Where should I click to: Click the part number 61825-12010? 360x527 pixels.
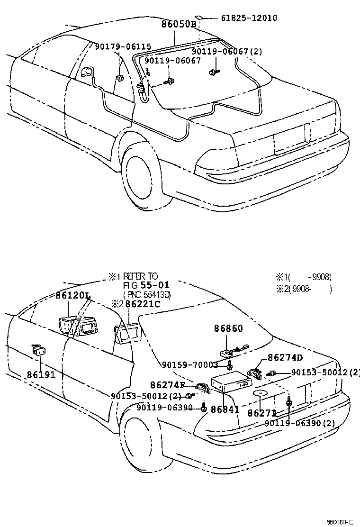249,18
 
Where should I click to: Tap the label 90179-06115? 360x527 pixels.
123,46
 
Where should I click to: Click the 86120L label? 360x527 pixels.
73,296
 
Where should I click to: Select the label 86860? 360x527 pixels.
228,327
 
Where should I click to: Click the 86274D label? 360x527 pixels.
285,357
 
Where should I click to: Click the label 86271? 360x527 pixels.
262,413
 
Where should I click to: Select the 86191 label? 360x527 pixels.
41,374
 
